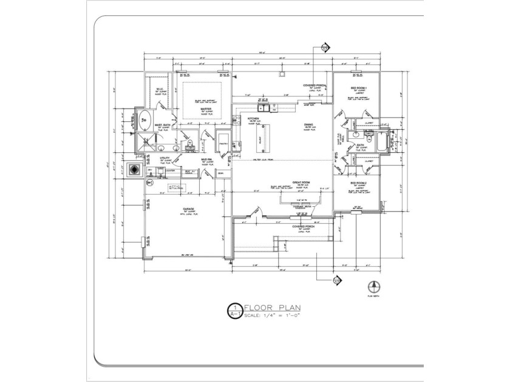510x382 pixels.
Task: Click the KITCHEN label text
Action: click(253, 118)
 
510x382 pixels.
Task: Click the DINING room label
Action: click(309, 124)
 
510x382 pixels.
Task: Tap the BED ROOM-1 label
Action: click(358, 89)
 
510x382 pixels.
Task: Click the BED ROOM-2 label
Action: click(358, 183)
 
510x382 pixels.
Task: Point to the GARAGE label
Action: click(180, 208)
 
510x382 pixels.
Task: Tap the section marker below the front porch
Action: click(337, 280)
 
